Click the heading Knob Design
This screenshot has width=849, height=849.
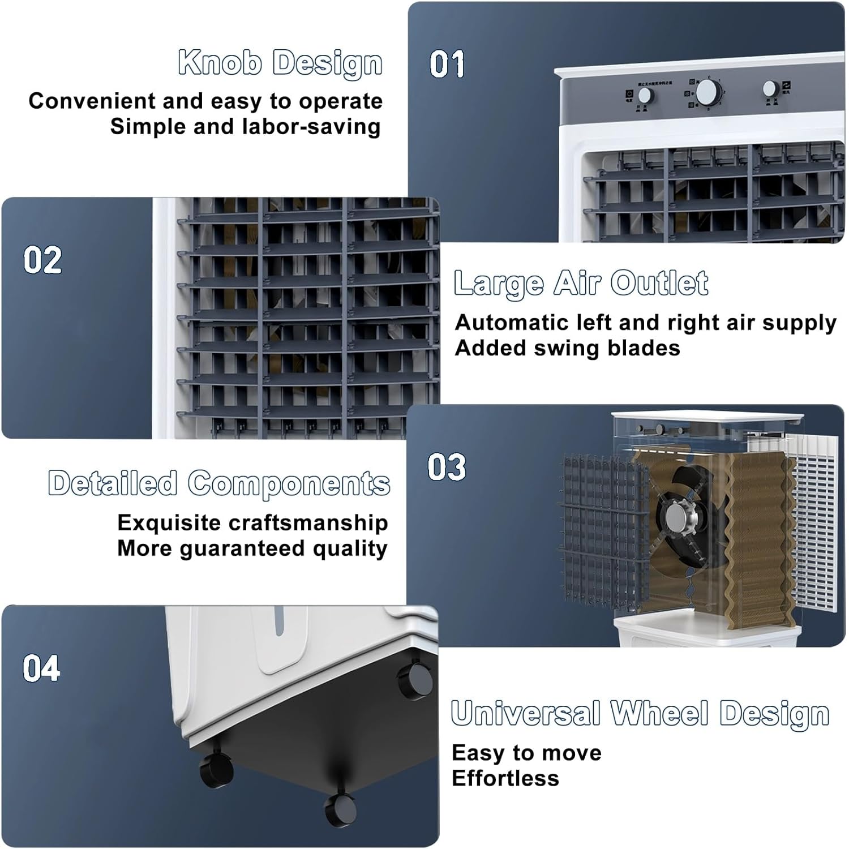tap(280, 62)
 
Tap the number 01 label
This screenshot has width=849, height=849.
tap(447, 64)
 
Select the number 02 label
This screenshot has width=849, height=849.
tap(42, 260)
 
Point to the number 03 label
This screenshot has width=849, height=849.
tap(447, 468)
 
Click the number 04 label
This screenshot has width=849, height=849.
tap(41, 668)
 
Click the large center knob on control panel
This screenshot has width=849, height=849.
tap(708, 92)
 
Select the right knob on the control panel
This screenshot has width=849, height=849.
tap(770, 88)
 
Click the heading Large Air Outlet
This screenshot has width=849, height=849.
tap(581, 283)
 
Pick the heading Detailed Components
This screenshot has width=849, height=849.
tap(219, 483)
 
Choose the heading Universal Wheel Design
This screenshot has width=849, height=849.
tap(640, 713)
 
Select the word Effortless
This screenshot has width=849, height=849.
tap(505, 779)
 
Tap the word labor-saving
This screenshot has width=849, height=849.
tap(311, 127)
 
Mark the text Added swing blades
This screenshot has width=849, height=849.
tap(567, 348)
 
